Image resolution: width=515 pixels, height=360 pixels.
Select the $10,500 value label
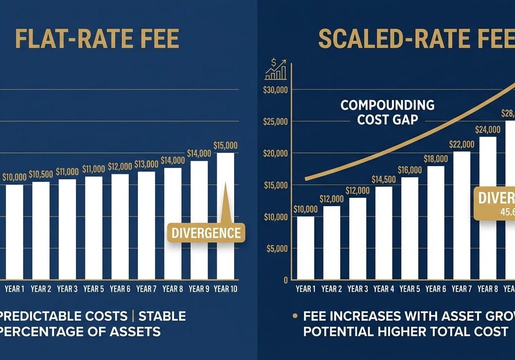click(41, 174)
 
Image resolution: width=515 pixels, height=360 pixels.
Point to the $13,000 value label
click(146, 164)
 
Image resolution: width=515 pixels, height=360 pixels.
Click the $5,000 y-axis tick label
click(277, 248)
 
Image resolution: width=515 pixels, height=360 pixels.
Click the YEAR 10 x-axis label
click(225, 289)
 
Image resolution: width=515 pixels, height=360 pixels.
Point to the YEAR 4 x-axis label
click(383, 289)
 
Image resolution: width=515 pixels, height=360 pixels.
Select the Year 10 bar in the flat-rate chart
click(225, 216)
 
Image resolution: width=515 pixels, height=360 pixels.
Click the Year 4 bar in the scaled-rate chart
click(383, 233)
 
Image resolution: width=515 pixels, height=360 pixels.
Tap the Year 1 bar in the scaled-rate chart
click(305, 247)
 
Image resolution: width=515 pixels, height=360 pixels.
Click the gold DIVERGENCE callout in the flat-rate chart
click(206, 232)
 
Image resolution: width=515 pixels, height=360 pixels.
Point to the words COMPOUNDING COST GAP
click(387, 112)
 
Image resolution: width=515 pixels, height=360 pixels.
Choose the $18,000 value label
click(435, 159)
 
